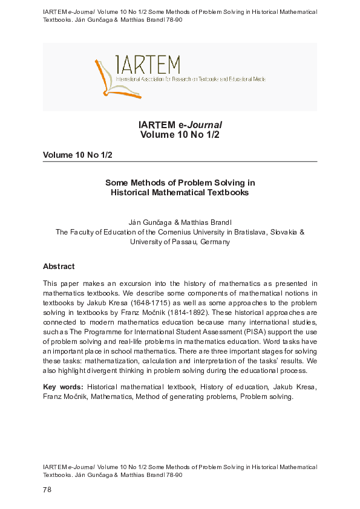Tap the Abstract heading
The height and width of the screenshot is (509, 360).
pyautogui.click(x=59, y=266)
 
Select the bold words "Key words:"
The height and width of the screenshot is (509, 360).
pyautogui.click(x=63, y=386)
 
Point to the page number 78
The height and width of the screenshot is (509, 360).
pyautogui.click(x=47, y=490)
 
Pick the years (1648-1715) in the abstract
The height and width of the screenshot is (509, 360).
pyautogui.click(x=142, y=302)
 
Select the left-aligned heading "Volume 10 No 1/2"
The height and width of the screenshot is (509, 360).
pyautogui.click(x=77, y=155)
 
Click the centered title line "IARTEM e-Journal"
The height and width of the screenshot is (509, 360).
pyautogui.click(x=180, y=125)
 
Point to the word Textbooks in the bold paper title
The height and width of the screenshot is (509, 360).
pyautogui.click(x=224, y=192)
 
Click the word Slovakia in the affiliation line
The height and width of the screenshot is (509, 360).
pyautogui.click(x=283, y=232)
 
